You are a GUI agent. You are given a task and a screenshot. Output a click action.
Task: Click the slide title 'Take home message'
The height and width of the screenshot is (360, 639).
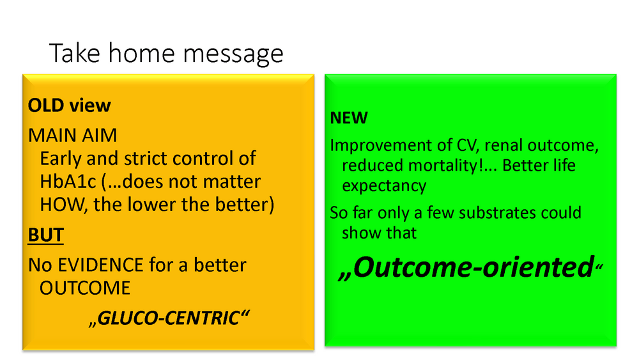click(166, 54)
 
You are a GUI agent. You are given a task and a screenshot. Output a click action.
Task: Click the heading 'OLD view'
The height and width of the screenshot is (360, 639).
click(69, 106)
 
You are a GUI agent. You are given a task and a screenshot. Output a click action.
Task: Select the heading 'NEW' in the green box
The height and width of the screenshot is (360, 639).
click(349, 118)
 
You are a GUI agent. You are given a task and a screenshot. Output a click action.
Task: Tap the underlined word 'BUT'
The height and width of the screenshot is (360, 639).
click(45, 235)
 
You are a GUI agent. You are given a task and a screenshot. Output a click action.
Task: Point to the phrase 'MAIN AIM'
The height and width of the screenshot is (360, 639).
click(73, 136)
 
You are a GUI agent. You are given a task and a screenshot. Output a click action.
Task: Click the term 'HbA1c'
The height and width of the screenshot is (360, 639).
click(68, 182)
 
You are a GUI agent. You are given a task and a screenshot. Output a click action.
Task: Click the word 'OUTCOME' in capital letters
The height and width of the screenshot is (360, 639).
click(85, 288)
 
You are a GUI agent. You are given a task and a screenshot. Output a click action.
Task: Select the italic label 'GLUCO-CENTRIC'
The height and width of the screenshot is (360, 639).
click(169, 318)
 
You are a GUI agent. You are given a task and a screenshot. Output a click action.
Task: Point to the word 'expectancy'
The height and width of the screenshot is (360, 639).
click(384, 186)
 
